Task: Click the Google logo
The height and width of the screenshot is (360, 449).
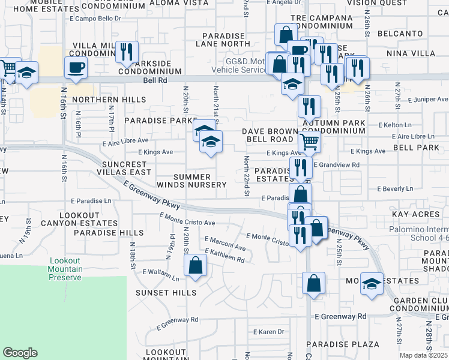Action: (x=20, y=353)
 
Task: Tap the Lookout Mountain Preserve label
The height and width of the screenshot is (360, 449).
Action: (x=74, y=269)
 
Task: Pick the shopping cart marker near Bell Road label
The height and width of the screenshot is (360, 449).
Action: (x=309, y=142)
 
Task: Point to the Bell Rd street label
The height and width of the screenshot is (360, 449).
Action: (x=153, y=80)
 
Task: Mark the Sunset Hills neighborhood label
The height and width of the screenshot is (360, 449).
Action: (x=166, y=293)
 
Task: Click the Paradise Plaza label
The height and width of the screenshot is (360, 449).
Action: (x=343, y=344)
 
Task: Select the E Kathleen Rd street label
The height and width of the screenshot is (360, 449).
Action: (x=224, y=256)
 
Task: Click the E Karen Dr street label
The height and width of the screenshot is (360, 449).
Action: (x=268, y=331)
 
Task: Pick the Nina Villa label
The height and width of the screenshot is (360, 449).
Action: (x=415, y=53)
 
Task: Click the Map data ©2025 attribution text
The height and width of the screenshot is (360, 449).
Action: (x=423, y=355)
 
